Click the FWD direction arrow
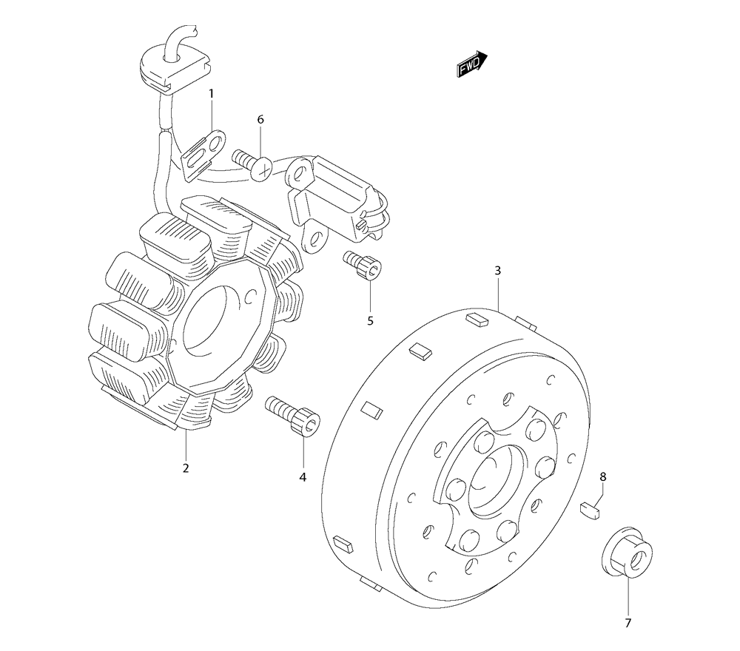tap(471, 65)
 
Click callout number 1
tap(211, 94)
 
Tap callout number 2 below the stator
tap(186, 468)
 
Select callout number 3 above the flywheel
tap(498, 271)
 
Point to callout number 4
tap(303, 478)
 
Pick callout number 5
tap(370, 320)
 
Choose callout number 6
tap(260, 119)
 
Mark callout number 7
tap(628, 622)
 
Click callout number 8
tap(602, 477)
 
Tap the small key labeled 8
tap(591, 509)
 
